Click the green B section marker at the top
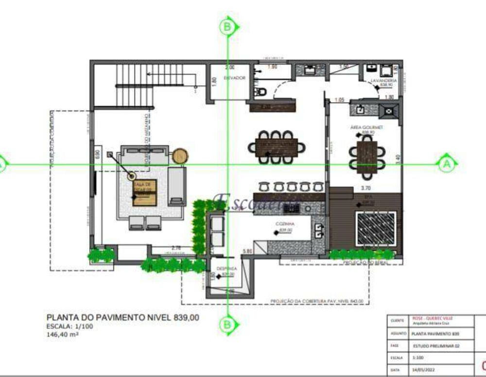click(x=227, y=26)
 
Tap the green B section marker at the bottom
click(x=227, y=323)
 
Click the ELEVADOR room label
click(x=235, y=78)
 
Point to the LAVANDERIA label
click(x=383, y=80)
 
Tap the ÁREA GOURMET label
click(x=366, y=127)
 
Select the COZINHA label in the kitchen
click(x=284, y=224)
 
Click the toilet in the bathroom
click(x=260, y=91)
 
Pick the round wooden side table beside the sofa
click(x=180, y=156)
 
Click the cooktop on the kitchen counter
click(x=292, y=208)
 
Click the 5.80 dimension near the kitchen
click(x=247, y=251)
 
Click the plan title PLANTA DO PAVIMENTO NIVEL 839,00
click(x=122, y=318)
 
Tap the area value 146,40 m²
click(x=63, y=334)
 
